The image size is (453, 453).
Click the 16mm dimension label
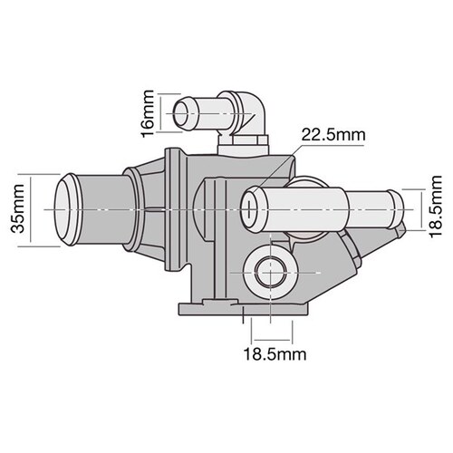point(149,113)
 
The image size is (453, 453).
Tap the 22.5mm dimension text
point(333,135)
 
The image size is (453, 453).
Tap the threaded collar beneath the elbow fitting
point(243,140)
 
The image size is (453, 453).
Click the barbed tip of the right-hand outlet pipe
point(390,207)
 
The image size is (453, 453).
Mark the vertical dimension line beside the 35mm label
point(33,209)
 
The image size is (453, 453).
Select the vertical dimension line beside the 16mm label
point(161,113)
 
